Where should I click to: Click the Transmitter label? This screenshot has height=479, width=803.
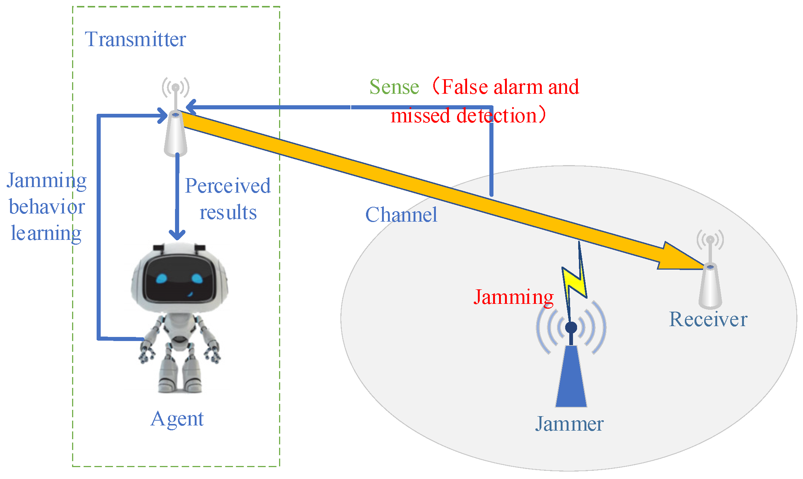(135, 39)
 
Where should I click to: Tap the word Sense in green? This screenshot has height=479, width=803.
(394, 87)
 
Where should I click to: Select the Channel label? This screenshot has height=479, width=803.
(401, 215)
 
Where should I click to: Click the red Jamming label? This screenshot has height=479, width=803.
(514, 297)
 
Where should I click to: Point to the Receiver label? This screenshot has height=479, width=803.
(708, 319)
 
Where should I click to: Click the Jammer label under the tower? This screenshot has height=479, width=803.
(569, 424)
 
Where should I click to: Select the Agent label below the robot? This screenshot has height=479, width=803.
(177, 419)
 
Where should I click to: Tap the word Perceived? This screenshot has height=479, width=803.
(228, 186)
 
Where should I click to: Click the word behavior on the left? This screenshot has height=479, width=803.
(47, 207)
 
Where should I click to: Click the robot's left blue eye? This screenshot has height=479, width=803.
(162, 278)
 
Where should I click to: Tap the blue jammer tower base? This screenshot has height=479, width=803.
(571, 377)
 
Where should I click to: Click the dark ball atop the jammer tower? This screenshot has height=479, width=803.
(571, 327)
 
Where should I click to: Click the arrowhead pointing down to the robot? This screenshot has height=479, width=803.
(177, 234)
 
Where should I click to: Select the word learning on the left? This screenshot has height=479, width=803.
(46, 234)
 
